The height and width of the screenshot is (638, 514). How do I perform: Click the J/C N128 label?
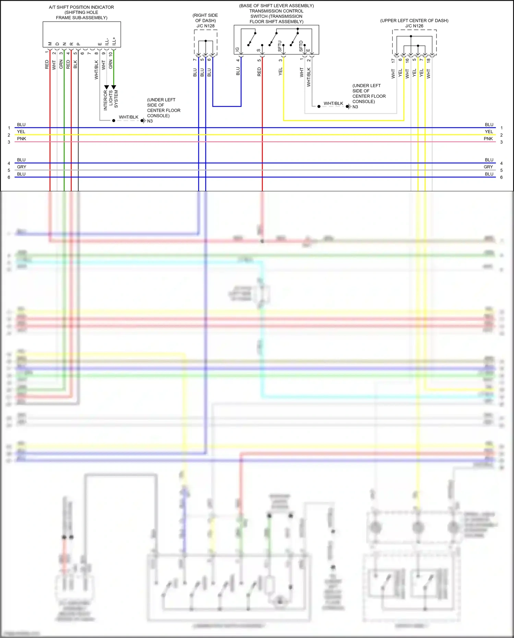(x=205, y=26)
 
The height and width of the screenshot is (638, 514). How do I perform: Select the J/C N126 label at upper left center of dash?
(x=414, y=26)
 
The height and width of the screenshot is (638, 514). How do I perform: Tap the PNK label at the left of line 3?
(x=22, y=139)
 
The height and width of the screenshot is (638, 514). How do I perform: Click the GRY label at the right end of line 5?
(x=488, y=167)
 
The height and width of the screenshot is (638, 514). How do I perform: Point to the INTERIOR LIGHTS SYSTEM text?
(x=111, y=100)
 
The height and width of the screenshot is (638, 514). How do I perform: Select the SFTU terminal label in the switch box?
(x=280, y=46)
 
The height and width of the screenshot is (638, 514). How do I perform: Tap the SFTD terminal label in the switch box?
(x=301, y=46)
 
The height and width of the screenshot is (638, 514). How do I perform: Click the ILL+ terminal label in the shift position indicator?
(x=114, y=41)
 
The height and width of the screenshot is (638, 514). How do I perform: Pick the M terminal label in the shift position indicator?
(x=50, y=44)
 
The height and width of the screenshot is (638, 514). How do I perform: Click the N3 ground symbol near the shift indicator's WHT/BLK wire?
(x=143, y=121)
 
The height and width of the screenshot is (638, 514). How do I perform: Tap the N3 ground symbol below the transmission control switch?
(x=348, y=107)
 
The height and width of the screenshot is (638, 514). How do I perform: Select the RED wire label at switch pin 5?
(x=259, y=72)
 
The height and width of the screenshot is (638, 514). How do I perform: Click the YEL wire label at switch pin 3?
(x=280, y=72)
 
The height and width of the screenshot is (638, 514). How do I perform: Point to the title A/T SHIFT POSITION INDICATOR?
(x=82, y=7)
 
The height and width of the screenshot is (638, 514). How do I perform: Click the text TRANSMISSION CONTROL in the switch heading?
(x=276, y=11)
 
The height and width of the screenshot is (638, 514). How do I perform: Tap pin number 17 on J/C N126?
(x=393, y=60)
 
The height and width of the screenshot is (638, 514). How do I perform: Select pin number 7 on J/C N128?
(x=195, y=60)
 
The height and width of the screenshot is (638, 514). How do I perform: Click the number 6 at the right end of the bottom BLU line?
(x=501, y=178)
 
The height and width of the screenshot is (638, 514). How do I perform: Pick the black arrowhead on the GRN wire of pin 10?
(x=114, y=87)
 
